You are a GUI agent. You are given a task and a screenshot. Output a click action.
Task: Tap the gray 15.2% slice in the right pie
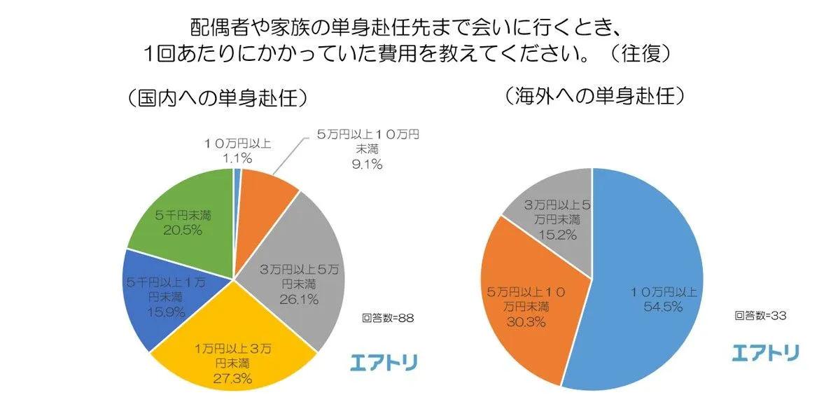point(557,210)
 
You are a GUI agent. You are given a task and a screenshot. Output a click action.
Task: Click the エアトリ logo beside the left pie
point(384,362)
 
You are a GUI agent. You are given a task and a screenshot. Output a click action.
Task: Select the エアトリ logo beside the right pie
point(765,353)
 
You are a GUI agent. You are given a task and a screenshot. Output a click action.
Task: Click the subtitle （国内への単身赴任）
point(218,98)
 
